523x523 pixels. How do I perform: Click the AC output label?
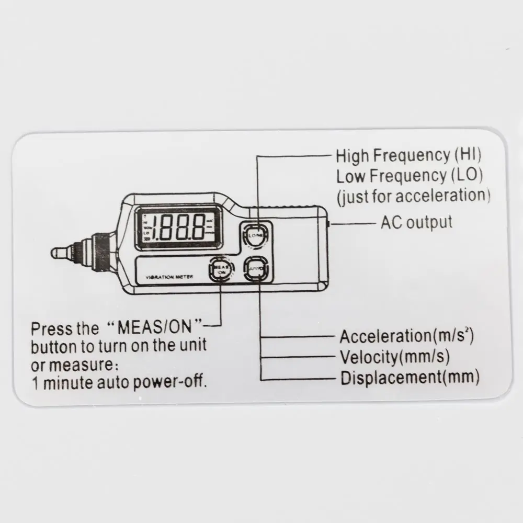click(x=416, y=222)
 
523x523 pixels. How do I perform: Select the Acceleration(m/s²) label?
click(x=407, y=336)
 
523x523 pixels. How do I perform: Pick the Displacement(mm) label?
click(x=410, y=377)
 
